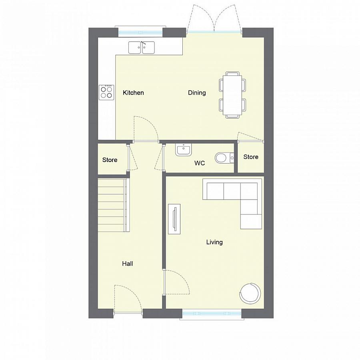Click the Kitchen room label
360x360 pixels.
coord(133,93)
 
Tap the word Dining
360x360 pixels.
coord(197,93)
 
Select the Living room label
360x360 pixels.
coord(214,242)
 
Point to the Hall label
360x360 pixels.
coord(128,264)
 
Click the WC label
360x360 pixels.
coord(200,163)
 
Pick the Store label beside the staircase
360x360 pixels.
coord(110,160)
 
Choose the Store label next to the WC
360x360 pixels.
coord(251,157)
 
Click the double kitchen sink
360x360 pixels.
coord(142,48)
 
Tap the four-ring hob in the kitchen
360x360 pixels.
coord(106,92)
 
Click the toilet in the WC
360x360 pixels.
coord(222,158)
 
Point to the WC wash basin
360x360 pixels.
coord(183,150)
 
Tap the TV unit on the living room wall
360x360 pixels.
coord(174,218)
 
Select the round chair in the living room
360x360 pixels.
coord(250,293)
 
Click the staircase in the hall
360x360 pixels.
coord(113,205)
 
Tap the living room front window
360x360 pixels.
coord(212,314)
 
